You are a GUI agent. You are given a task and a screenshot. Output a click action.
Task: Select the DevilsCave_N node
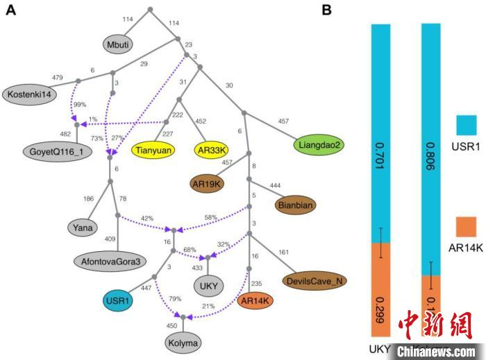point(316,280)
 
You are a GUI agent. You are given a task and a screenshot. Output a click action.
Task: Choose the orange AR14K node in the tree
point(255,300)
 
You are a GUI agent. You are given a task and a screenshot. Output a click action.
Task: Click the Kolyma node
point(183,343)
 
